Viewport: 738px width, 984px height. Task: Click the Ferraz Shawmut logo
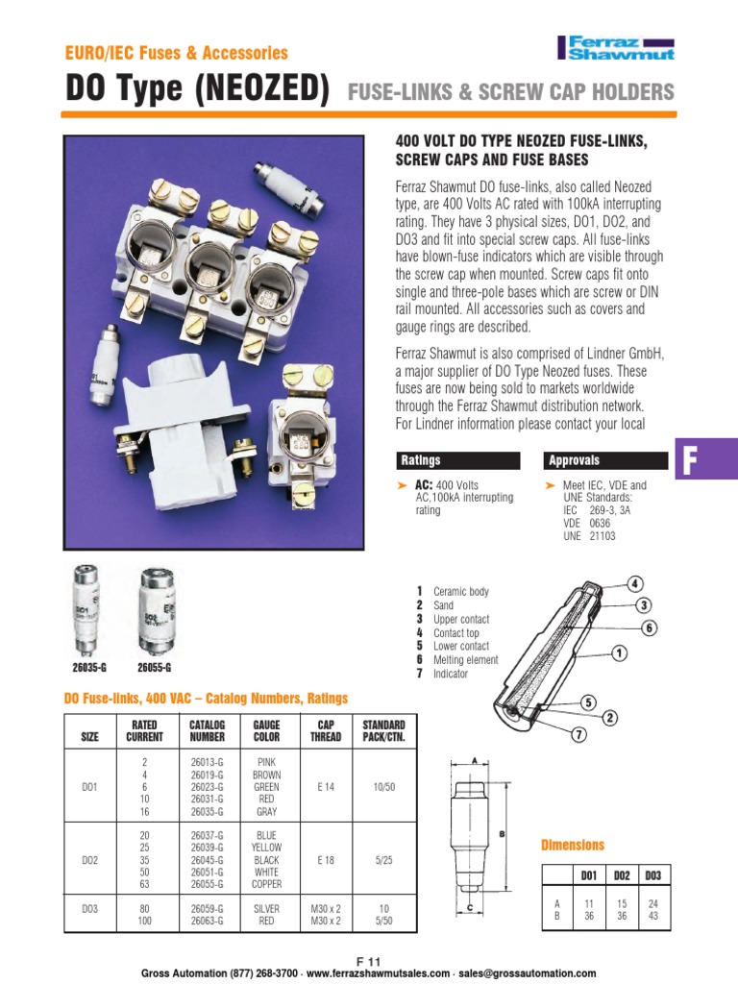click(x=615, y=48)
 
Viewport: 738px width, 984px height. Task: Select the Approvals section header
click(x=574, y=460)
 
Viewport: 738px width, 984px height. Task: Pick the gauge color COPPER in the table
click(x=266, y=884)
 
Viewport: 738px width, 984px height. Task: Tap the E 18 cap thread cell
click(x=325, y=860)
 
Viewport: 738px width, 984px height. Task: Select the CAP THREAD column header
click(x=325, y=730)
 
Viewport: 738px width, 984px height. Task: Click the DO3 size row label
click(x=88, y=913)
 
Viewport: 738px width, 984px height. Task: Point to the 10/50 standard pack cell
click(x=383, y=785)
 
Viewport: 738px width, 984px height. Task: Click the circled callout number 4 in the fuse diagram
click(x=635, y=583)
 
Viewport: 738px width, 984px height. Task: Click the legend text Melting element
click(x=465, y=660)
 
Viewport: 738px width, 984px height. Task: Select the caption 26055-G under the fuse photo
click(x=154, y=667)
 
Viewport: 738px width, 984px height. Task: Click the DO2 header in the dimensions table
click(x=622, y=875)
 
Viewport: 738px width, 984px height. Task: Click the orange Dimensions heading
click(x=573, y=846)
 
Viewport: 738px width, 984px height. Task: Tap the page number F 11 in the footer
click(x=369, y=962)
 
